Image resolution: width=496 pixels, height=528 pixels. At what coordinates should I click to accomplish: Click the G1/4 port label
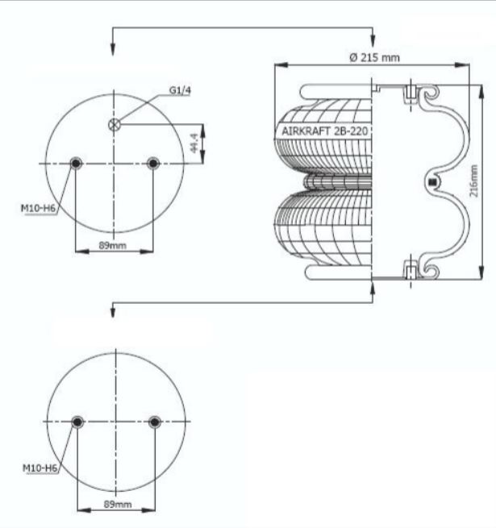180,90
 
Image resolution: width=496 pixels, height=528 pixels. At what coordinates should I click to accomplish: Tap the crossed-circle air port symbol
115,125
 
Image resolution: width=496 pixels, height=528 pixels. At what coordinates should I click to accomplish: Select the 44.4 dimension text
194,143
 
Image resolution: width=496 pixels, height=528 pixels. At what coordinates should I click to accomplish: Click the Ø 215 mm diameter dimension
375,57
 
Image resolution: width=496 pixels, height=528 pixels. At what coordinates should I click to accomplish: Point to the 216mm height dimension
473,181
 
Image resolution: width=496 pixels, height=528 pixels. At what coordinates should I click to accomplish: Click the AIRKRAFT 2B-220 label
324,131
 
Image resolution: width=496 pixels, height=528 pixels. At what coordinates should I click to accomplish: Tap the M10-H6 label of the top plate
38,208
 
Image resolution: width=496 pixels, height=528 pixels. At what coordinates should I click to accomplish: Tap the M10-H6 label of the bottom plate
40,468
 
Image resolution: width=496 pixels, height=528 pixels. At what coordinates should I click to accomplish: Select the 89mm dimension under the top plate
113,245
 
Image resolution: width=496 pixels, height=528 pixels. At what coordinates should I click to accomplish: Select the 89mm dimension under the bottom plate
118,504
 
